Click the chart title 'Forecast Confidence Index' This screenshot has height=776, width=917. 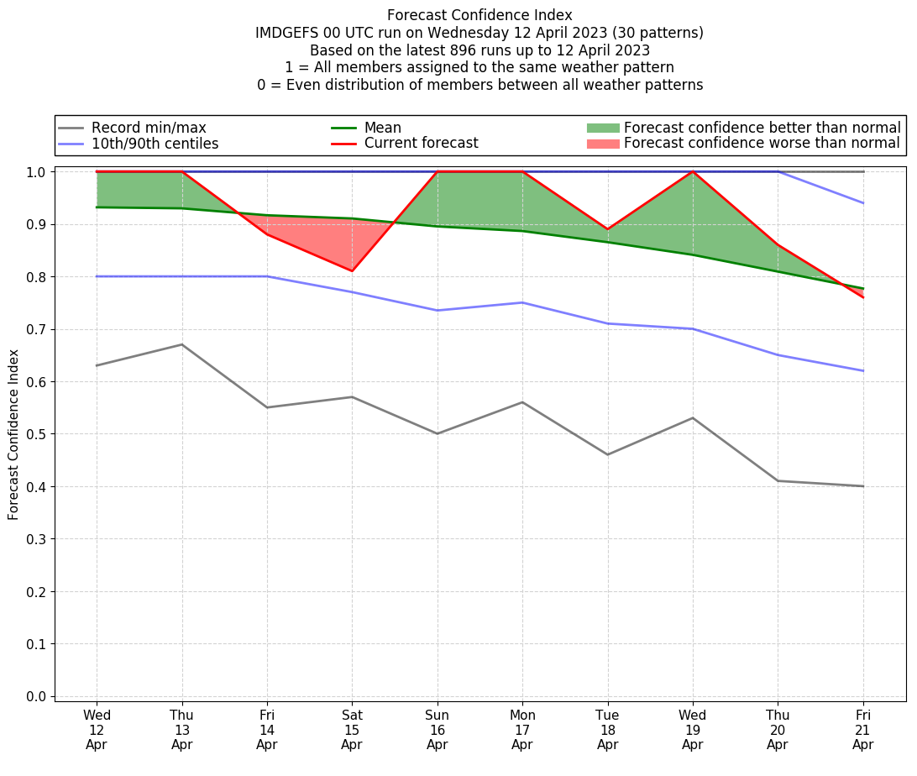point(479,15)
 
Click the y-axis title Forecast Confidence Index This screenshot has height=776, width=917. point(14,434)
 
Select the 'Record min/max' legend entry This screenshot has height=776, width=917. point(149,128)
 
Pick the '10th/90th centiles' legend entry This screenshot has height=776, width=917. point(155,144)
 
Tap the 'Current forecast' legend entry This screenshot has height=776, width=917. point(421,143)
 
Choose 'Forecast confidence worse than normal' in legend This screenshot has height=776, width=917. point(762,143)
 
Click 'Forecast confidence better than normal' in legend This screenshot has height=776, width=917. point(762,128)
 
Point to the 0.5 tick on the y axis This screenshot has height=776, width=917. point(37,434)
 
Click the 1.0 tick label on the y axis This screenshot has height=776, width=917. point(37,172)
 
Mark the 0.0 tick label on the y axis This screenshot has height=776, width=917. point(37,696)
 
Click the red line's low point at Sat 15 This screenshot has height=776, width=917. point(352,271)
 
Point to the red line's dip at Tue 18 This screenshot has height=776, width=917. point(607,229)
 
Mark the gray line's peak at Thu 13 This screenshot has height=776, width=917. point(182,344)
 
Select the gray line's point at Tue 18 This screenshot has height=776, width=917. point(607,454)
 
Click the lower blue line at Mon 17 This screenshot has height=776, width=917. point(522,302)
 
